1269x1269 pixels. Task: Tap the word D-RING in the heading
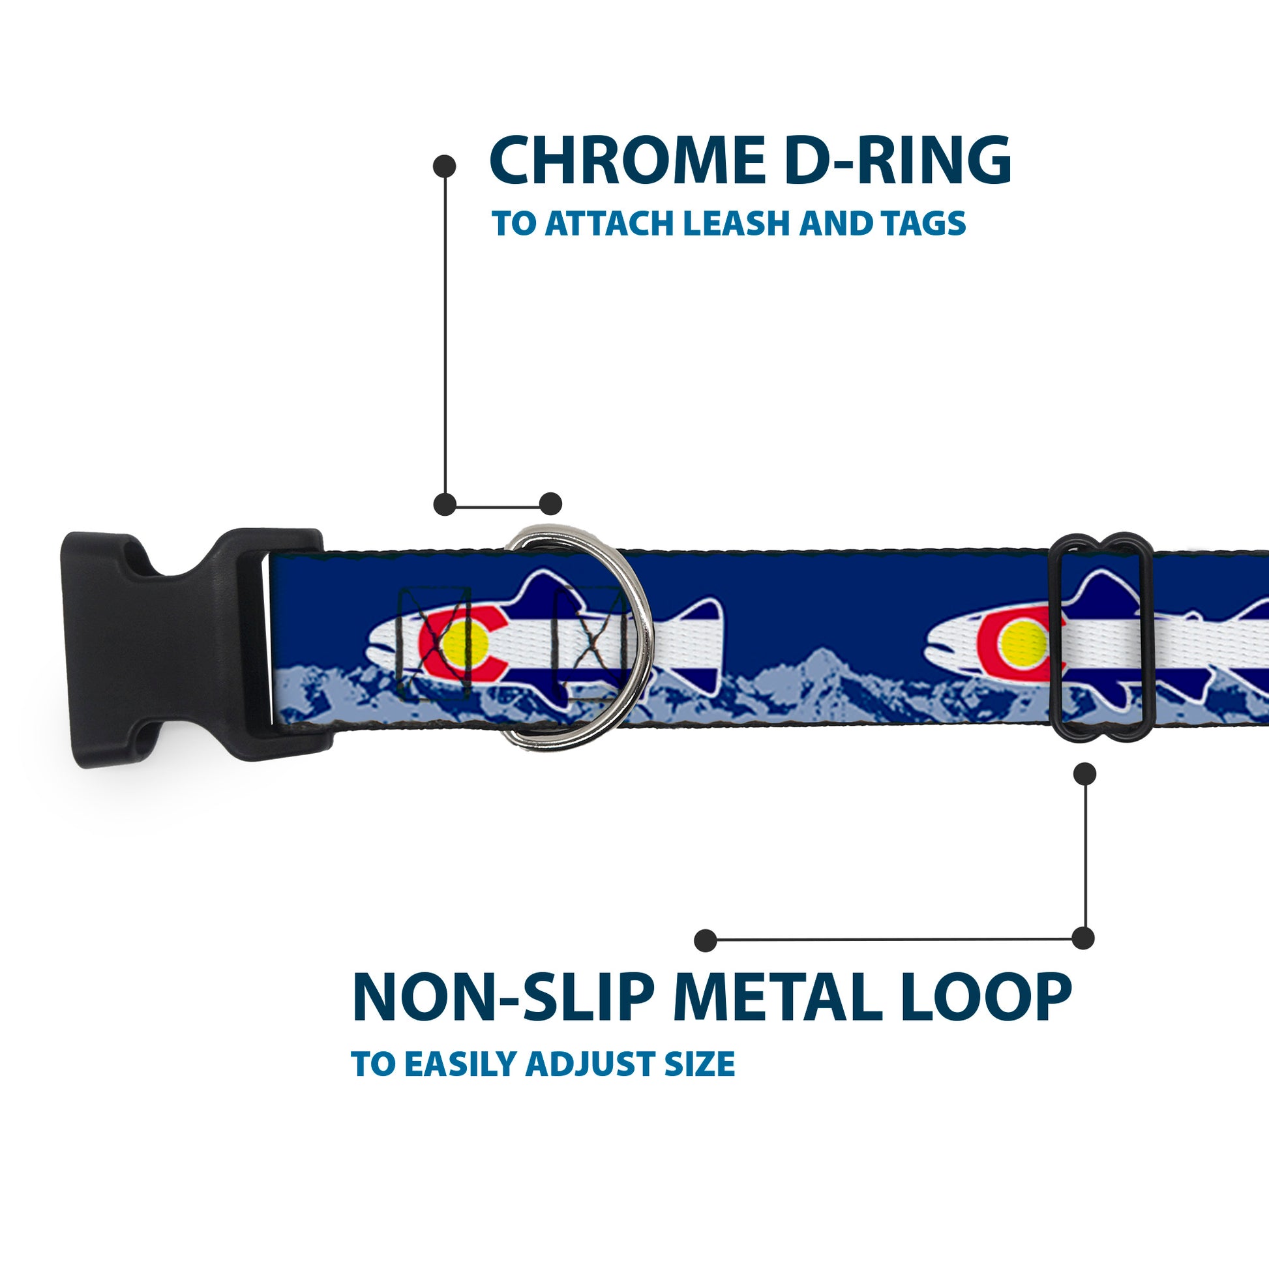[x=897, y=161]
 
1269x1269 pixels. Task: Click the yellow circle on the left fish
[x=464, y=644]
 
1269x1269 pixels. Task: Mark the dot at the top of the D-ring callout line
[x=445, y=166]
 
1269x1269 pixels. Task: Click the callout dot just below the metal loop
[x=1084, y=774]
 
